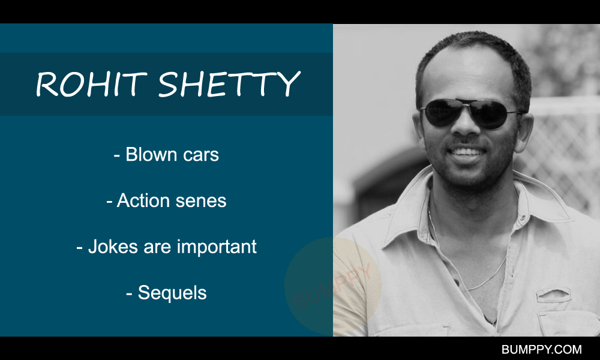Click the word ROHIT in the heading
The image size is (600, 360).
click(x=91, y=84)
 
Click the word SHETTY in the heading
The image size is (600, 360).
click(x=229, y=84)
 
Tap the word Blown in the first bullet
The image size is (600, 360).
click(x=151, y=154)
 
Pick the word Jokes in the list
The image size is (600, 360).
click(x=113, y=247)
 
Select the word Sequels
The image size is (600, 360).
click(x=172, y=293)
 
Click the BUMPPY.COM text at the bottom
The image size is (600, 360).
click(x=541, y=349)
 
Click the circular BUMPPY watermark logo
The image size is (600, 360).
click(x=333, y=286)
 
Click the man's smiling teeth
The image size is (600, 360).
click(x=467, y=152)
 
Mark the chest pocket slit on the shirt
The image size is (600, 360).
click(x=553, y=295)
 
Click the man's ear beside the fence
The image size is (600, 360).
click(x=524, y=133)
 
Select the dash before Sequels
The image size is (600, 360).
click(x=129, y=294)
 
